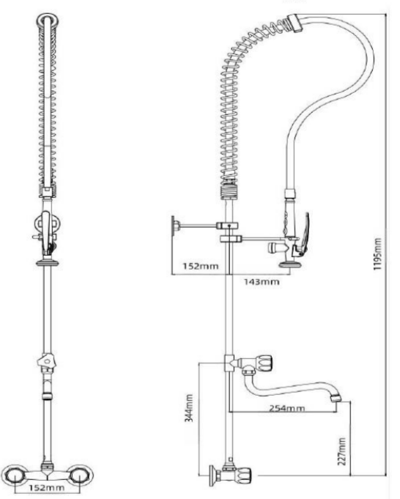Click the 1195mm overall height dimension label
[377, 254]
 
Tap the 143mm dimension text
[262, 281]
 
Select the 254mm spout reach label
[287, 408]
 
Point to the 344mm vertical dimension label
[189, 408]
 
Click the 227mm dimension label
[342, 451]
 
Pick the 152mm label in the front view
[46, 487]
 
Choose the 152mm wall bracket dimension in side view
[201, 266]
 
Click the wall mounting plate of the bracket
[174, 226]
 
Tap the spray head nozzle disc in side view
[290, 264]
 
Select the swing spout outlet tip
[336, 399]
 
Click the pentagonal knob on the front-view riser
[46, 361]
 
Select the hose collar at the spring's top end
[295, 23]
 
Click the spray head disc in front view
[48, 263]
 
